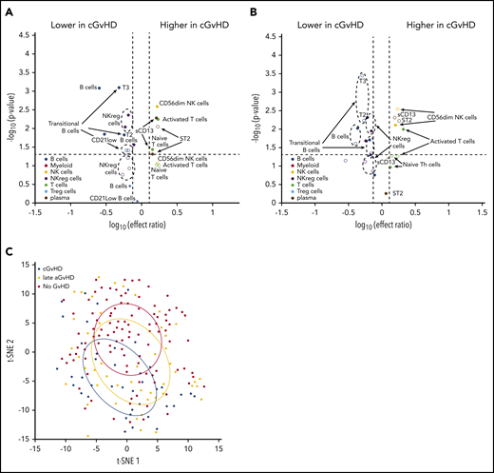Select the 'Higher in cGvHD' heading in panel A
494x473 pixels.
coord(190,20)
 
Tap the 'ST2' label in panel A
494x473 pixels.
coord(184,139)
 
